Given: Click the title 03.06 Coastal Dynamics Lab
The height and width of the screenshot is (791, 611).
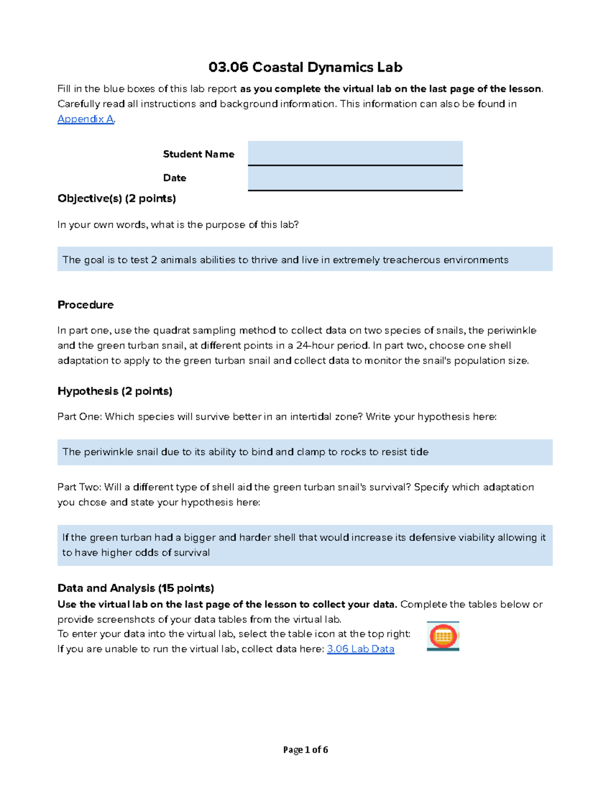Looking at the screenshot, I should (x=305, y=67).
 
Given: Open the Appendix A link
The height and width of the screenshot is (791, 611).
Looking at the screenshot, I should (x=85, y=119).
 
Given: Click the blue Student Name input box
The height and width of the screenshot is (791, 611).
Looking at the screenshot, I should (x=355, y=153).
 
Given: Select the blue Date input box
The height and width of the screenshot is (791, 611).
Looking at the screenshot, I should (x=355, y=178).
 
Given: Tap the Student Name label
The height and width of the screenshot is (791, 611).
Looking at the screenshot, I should (x=198, y=154).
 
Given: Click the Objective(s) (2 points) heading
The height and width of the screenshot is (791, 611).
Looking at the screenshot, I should (x=117, y=198).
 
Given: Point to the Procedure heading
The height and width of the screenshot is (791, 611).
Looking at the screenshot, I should (x=86, y=305).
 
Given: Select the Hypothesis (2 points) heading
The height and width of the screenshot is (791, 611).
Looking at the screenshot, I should (x=115, y=391).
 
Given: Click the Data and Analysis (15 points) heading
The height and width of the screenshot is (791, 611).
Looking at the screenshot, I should (x=135, y=588).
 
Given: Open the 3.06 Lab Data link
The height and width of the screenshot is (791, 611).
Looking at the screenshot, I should (x=360, y=649).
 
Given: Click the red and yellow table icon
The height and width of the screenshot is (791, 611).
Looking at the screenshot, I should (x=443, y=636).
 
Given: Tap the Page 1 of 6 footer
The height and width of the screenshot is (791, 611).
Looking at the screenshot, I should (x=305, y=750).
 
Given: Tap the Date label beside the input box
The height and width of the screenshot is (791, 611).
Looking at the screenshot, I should (x=174, y=178).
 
